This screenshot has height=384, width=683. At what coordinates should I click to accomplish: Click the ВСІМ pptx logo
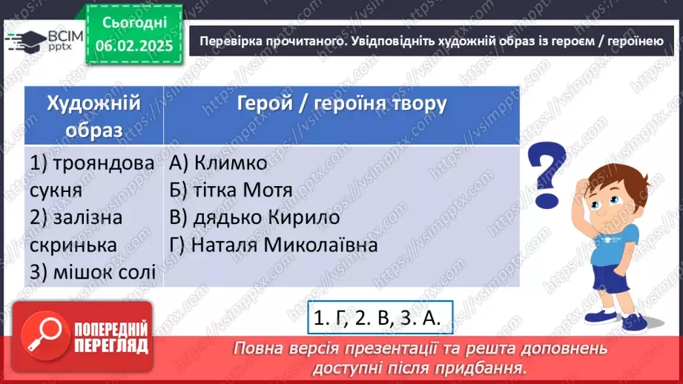pos(41,43)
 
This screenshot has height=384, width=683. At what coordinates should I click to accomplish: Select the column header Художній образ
pos(93,115)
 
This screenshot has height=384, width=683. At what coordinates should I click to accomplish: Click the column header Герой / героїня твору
pos(341,103)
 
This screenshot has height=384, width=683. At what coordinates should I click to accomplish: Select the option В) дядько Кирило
pos(254,217)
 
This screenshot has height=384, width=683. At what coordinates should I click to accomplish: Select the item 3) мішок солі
pos(93,272)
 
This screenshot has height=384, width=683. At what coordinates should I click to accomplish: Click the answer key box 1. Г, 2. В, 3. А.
pos(377,318)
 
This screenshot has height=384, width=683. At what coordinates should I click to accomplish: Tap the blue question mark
pos(548,175)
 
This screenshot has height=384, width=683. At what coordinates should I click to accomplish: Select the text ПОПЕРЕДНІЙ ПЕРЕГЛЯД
pos(111,337)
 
